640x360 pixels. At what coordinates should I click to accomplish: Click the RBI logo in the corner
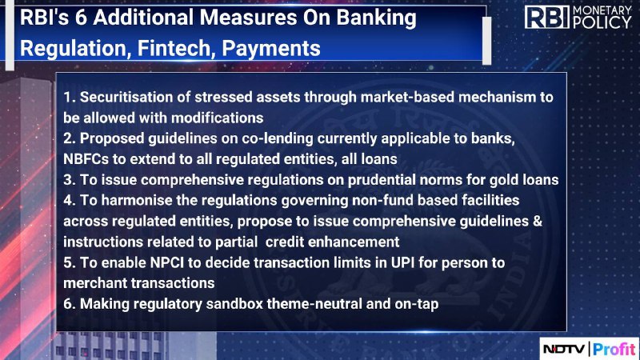(x=546, y=17)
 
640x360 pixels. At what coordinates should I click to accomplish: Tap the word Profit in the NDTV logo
(x=614, y=349)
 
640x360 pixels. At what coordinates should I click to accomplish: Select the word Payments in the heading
(x=271, y=49)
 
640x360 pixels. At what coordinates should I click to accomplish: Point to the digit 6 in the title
(x=82, y=18)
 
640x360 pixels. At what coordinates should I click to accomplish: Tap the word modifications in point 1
(x=217, y=118)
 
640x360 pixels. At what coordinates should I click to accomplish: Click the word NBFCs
(x=86, y=159)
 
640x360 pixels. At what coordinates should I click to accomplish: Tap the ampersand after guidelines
(x=538, y=222)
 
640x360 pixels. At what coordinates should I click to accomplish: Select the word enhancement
(x=354, y=242)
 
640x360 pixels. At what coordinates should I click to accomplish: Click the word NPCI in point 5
(x=167, y=263)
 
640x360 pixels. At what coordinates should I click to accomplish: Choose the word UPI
(x=402, y=263)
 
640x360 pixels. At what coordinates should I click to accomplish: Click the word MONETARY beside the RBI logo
(x=602, y=10)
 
